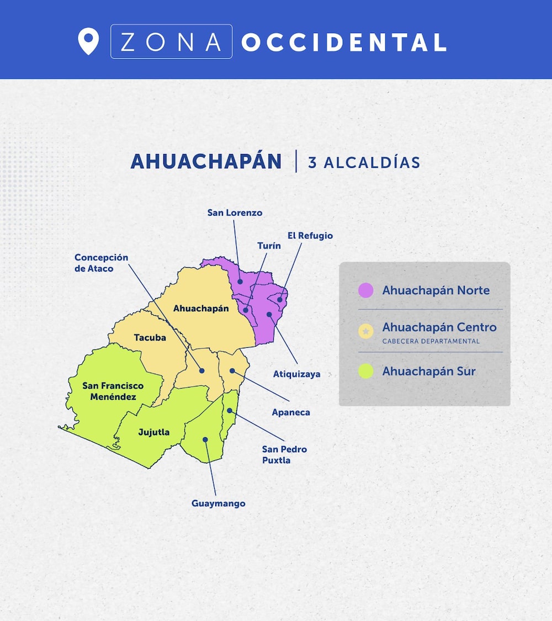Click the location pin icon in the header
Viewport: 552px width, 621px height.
tap(88, 41)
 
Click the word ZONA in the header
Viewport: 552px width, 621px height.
tap(171, 42)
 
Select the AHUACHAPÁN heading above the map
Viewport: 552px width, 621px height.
tap(206, 161)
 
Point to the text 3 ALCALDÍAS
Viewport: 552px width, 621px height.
tap(364, 162)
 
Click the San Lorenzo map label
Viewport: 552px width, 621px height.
tap(235, 213)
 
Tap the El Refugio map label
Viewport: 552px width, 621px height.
tap(310, 236)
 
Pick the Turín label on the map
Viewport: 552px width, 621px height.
tap(269, 246)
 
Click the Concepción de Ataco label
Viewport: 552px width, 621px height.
tap(101, 263)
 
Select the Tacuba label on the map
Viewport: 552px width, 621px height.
tap(150, 337)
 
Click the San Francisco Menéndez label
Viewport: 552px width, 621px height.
tap(113, 391)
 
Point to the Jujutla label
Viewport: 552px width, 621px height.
tap(153, 432)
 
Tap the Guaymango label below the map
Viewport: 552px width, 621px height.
tap(218, 503)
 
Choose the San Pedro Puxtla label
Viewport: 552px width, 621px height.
tap(284, 454)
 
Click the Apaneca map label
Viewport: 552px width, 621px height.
tap(291, 412)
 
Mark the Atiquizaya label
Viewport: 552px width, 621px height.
tap(296, 374)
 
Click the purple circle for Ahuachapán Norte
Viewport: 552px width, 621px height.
tap(365, 290)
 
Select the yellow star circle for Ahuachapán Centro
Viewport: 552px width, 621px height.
tap(365, 331)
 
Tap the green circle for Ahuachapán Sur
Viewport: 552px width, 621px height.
tap(365, 371)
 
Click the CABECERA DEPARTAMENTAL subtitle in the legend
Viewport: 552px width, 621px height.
tap(431, 341)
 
